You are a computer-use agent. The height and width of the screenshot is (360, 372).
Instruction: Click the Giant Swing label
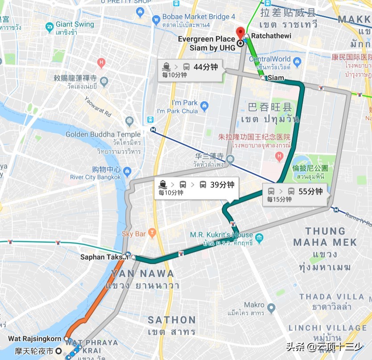click(75, 25)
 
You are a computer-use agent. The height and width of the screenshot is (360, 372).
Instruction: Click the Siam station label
click(276, 78)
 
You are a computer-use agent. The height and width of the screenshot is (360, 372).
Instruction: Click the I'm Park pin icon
click(204, 106)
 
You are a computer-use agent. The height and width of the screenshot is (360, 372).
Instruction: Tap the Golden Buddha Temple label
click(103, 134)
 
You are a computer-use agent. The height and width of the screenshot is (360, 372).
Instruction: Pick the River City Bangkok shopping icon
click(127, 171)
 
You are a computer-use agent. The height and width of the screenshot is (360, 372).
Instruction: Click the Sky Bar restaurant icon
click(152, 232)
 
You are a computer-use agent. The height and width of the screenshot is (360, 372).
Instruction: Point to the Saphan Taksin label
click(102, 257)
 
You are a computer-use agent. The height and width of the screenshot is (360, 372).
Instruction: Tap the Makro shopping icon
click(271, 307)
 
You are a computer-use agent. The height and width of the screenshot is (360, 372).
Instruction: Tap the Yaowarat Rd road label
click(98, 106)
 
